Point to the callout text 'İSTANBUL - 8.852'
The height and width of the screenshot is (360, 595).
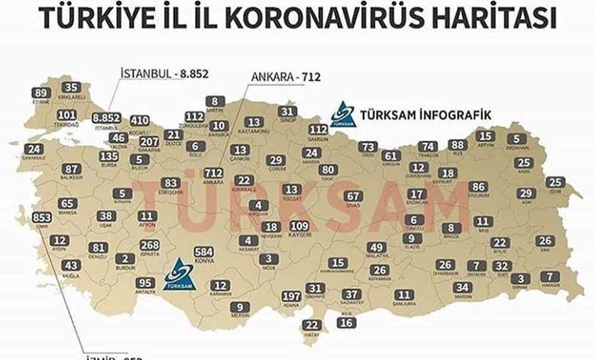[165, 73]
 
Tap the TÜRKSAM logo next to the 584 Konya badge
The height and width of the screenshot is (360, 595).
[179, 275]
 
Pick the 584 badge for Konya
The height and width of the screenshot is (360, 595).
[203, 252]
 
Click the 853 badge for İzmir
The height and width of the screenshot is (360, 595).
[42, 217]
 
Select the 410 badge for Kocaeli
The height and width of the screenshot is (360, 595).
[139, 121]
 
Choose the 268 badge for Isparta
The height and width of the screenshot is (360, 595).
[150, 245]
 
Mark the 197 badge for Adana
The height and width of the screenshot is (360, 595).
[292, 296]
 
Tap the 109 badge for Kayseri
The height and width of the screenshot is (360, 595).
[299, 226]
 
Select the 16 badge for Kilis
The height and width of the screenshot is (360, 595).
[347, 323]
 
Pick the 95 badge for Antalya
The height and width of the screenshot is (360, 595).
[145, 283]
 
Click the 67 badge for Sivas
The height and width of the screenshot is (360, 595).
[353, 196]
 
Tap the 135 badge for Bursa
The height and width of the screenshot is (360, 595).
[109, 156]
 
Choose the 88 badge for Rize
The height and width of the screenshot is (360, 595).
[458, 145]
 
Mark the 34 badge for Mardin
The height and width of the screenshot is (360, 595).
[462, 287]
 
